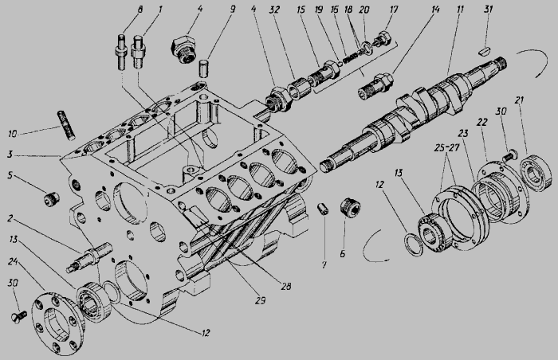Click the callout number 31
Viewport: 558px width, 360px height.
[x=489, y=9]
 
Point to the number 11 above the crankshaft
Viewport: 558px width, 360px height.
[x=460, y=9]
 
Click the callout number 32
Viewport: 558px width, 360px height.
[x=274, y=10]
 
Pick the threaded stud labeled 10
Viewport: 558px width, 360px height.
[x=66, y=125]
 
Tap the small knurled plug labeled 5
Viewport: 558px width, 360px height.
[x=52, y=198]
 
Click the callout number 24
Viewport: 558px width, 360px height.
[x=13, y=262]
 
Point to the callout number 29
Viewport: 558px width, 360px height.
[x=261, y=300]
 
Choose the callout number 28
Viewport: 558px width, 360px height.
[x=285, y=286]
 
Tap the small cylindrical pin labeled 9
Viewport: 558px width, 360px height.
[x=203, y=68]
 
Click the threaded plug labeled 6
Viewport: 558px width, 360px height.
[x=351, y=206]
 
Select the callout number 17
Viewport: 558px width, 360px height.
[x=394, y=10]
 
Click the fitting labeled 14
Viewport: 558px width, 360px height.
[x=375, y=86]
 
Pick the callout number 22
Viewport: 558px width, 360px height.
[x=482, y=122]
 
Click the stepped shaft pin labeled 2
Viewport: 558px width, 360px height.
[x=89, y=256]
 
